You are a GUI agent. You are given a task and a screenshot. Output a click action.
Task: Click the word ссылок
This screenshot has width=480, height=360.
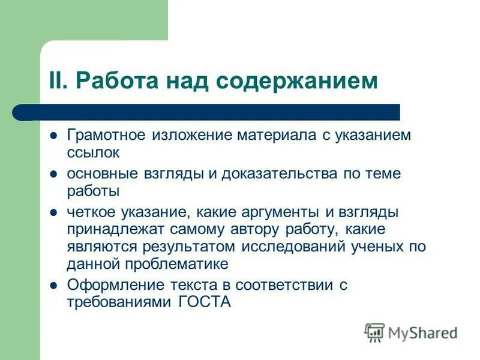93,152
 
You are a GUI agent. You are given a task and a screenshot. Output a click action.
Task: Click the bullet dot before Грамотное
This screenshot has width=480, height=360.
53,135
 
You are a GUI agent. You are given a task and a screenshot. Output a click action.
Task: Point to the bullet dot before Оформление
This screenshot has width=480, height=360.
53,286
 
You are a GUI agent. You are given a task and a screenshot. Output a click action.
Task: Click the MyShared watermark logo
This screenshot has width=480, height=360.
412,332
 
